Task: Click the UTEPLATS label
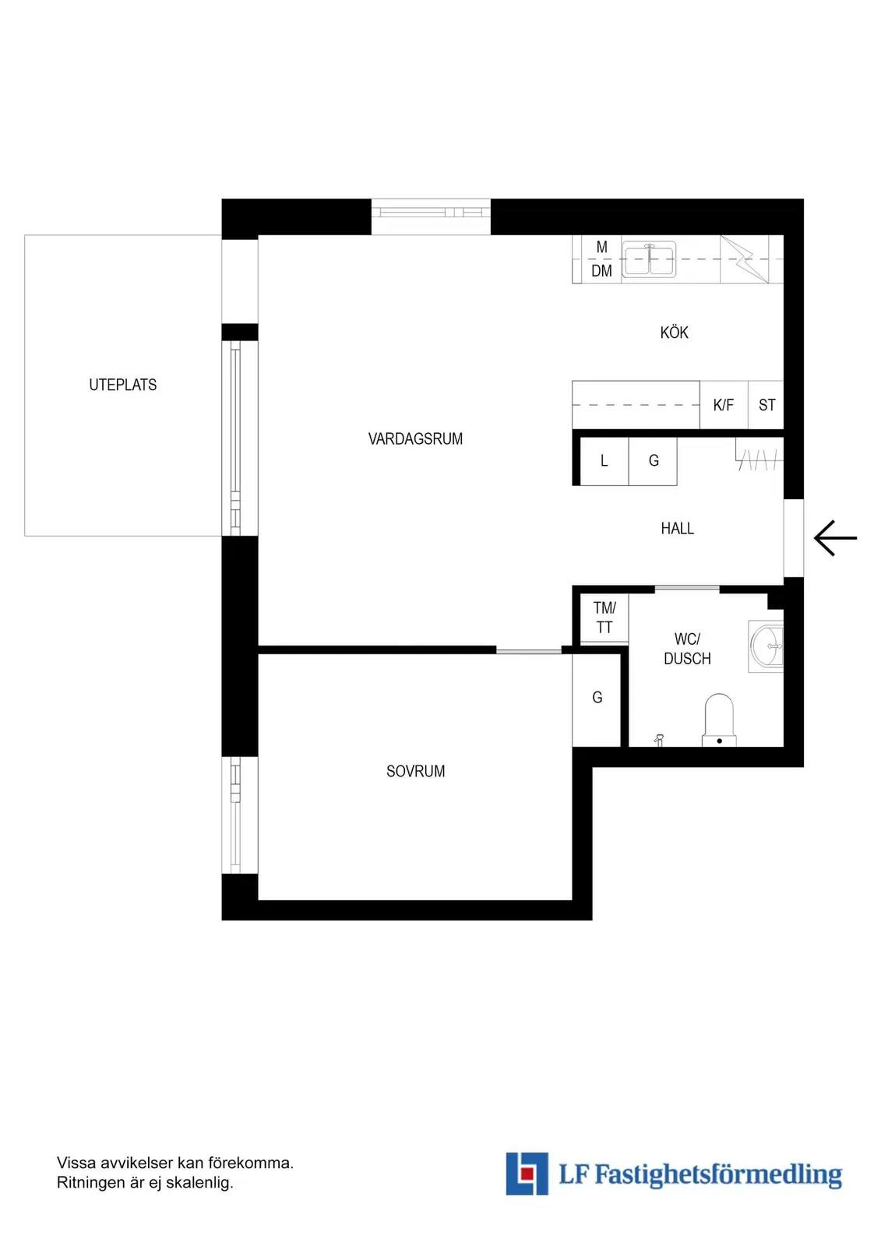(122, 385)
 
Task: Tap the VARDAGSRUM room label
(415, 439)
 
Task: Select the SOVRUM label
(415, 771)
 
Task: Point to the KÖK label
(674, 332)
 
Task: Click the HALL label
(678, 528)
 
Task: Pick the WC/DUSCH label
(687, 649)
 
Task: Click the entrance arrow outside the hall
(835, 538)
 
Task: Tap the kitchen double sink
(648, 259)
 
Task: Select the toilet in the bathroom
(719, 720)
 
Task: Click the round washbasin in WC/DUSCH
(766, 646)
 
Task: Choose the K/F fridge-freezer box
(724, 405)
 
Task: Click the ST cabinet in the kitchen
(766, 405)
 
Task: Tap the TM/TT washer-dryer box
(604, 618)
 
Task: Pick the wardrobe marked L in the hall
(604, 461)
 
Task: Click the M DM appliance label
(601, 259)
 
